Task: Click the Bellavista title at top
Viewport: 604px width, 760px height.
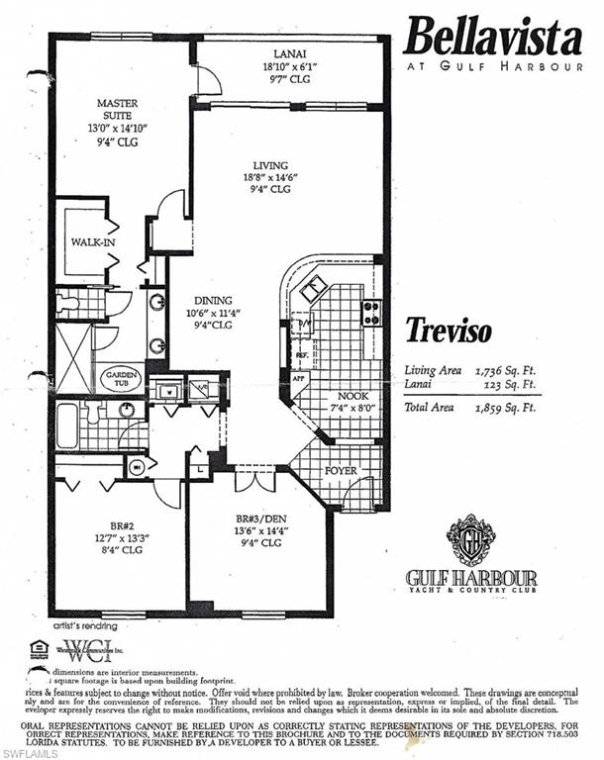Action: tap(492, 39)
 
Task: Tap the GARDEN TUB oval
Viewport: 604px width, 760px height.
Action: tap(118, 377)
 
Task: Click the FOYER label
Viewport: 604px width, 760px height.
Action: tap(341, 470)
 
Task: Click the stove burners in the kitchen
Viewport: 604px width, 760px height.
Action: tap(371, 312)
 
